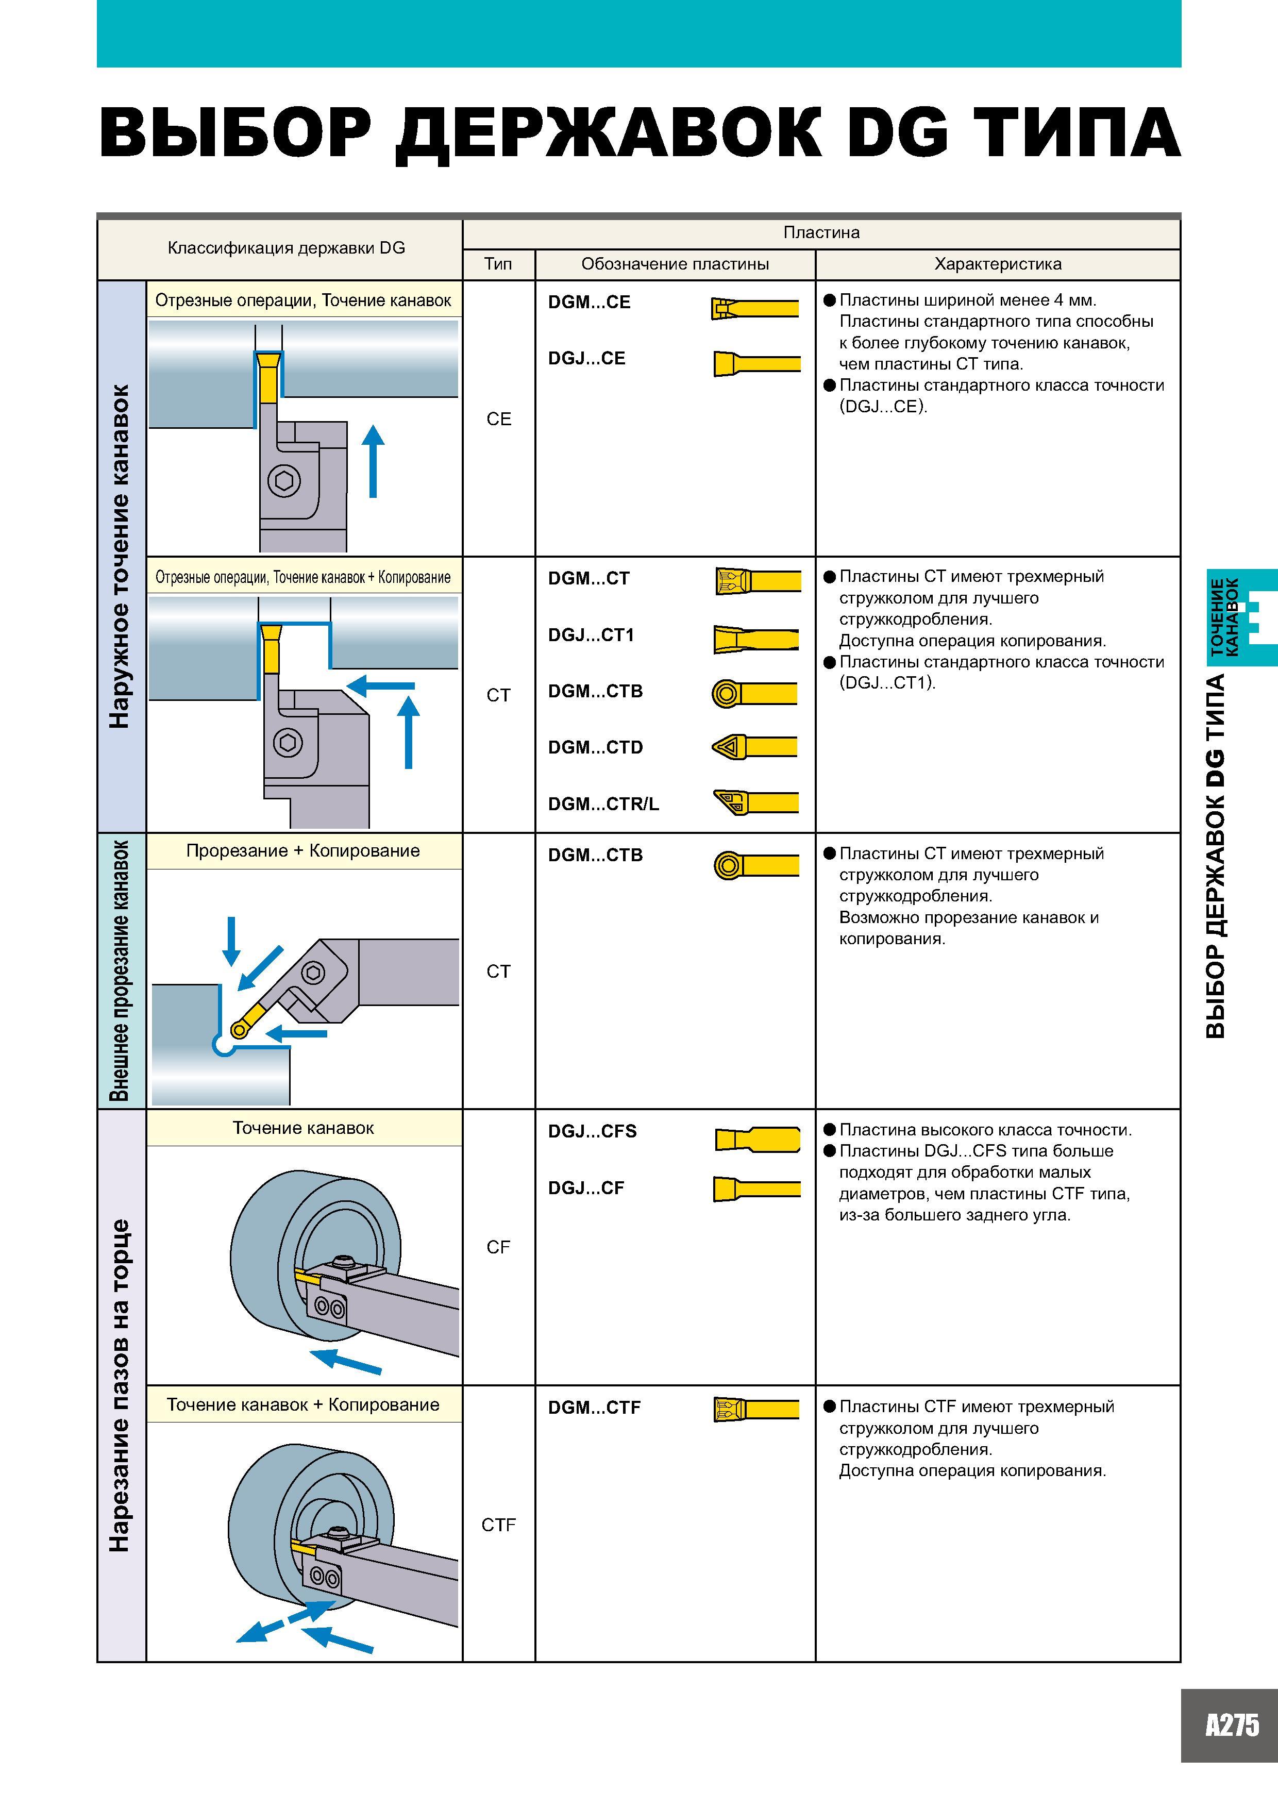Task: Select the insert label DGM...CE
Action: click(x=589, y=303)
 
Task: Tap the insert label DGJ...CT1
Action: click(x=591, y=634)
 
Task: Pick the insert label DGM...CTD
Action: click(x=595, y=746)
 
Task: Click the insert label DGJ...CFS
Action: click(x=592, y=1131)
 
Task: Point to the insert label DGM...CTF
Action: click(x=595, y=1407)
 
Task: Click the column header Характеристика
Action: click(x=998, y=264)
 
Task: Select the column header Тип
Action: click(x=498, y=264)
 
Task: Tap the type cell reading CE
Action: click(x=498, y=419)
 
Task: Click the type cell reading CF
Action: click(x=498, y=1247)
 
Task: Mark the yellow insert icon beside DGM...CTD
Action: click(x=754, y=746)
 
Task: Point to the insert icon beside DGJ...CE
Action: click(x=756, y=364)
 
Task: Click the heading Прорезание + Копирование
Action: click(x=303, y=850)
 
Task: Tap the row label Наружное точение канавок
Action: click(x=120, y=556)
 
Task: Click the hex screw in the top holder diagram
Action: click(x=283, y=481)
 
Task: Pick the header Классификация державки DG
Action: click(x=287, y=248)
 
